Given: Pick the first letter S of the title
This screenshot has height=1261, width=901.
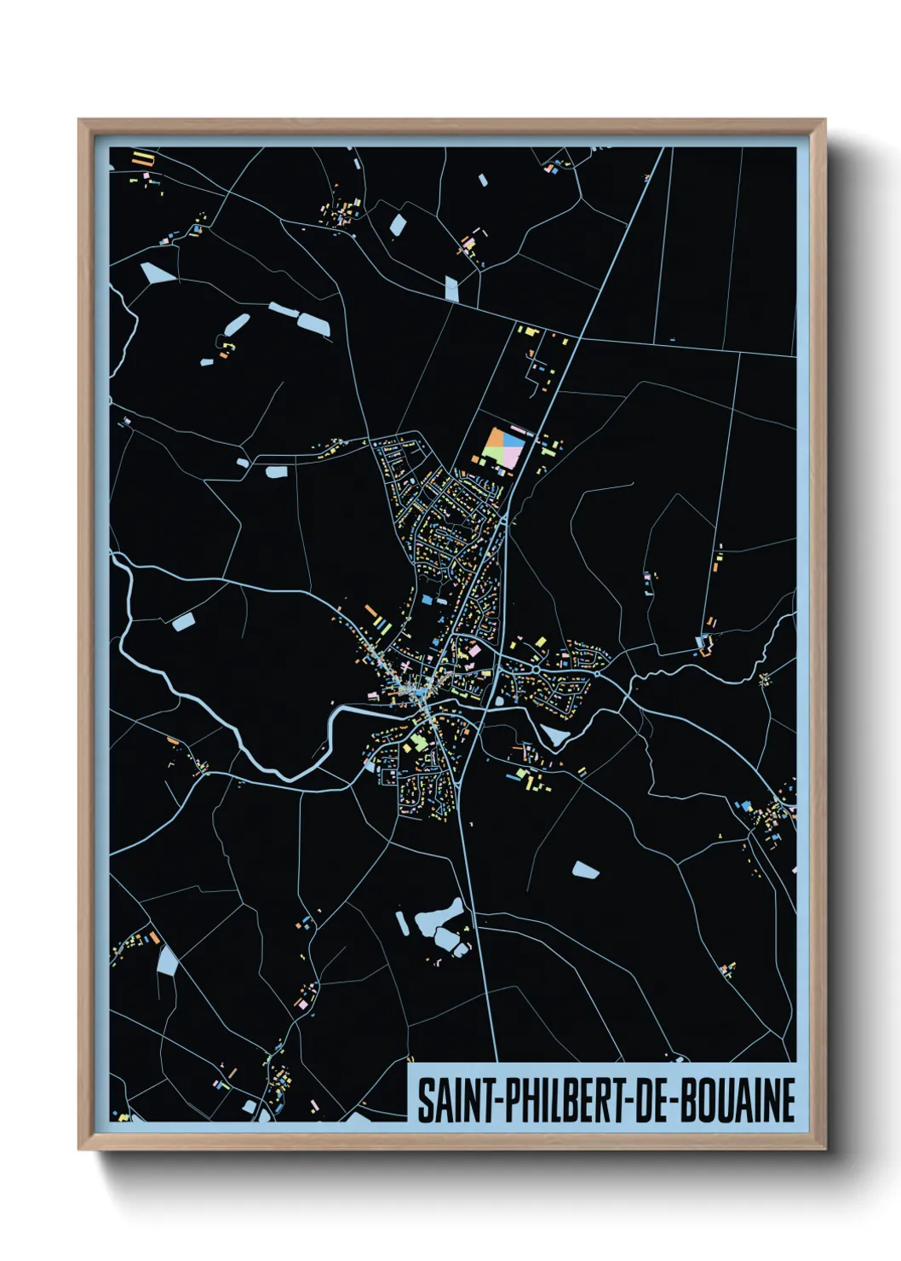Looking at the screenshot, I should click(x=424, y=1101).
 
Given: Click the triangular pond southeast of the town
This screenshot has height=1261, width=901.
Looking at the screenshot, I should click(x=554, y=735).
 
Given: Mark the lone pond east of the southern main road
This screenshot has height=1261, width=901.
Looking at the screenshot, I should click(x=585, y=870).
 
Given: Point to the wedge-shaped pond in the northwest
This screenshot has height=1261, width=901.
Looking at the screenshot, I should click(x=157, y=273).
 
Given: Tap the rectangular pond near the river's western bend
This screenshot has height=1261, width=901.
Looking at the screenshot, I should click(x=183, y=622).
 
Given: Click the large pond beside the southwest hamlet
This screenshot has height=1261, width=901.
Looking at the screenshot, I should click(x=166, y=961).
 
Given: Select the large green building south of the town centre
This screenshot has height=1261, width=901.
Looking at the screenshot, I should click(x=418, y=745).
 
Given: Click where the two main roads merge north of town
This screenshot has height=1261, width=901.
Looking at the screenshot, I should click(x=504, y=517).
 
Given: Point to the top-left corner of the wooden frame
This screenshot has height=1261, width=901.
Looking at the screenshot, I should click(x=79, y=120).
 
